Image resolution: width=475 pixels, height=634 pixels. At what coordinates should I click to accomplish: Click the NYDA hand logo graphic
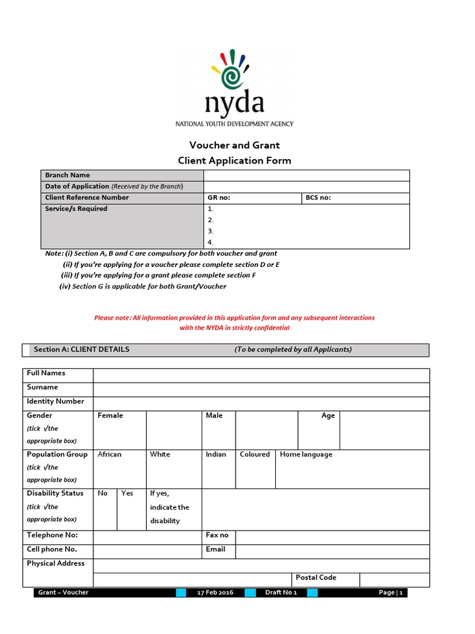tap(231, 69)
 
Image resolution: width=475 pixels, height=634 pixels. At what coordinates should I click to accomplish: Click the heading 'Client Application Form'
tap(234, 160)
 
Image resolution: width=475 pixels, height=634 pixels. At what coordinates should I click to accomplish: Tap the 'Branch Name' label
tap(67, 175)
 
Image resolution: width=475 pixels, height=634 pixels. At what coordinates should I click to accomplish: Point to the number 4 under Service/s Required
tap(211, 242)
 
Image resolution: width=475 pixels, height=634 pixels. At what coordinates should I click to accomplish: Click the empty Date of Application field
tap(306, 186)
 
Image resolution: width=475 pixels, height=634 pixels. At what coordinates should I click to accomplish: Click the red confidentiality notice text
tap(234, 323)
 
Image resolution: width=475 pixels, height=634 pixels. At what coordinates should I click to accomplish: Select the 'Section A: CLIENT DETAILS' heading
tap(82, 349)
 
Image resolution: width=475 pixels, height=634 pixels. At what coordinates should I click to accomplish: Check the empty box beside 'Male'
tap(267, 429)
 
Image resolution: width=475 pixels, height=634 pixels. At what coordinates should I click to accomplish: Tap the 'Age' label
tap(328, 415)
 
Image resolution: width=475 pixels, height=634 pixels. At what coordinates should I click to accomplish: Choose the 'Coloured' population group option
tap(255, 454)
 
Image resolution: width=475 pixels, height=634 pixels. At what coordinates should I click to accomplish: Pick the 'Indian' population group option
tap(216, 454)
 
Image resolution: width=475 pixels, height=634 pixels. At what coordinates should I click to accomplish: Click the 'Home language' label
tap(306, 454)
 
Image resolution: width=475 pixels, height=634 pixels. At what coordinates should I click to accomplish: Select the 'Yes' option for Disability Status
tap(127, 493)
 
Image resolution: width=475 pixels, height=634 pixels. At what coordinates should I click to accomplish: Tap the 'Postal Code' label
tap(316, 578)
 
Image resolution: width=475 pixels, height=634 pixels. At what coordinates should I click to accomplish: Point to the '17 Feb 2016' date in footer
tap(216, 593)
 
